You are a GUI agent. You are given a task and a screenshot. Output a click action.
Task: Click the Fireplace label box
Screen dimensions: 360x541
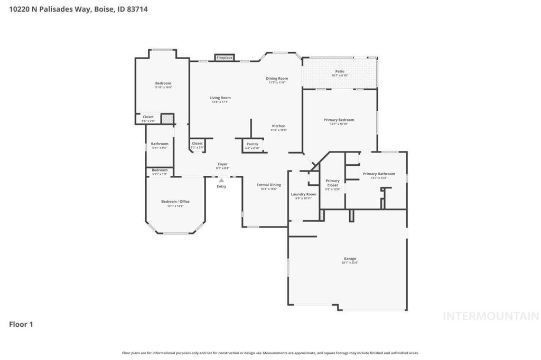[224, 58]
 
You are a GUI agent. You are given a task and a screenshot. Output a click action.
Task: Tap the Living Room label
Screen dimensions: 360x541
[220, 98]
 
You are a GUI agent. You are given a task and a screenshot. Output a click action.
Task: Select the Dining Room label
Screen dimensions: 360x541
[277, 79]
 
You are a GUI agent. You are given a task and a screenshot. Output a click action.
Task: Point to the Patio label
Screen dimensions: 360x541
[340, 71]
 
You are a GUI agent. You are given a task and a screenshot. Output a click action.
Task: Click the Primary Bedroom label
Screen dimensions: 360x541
[339, 120]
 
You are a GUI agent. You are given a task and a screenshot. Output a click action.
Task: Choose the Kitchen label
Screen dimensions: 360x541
[278, 126]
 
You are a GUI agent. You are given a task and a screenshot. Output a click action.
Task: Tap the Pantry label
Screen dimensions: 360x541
[252, 144]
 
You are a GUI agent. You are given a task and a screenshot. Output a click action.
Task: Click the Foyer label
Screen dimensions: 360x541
[222, 164]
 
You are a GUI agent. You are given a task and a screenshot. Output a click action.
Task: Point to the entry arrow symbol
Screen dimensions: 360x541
[221, 181]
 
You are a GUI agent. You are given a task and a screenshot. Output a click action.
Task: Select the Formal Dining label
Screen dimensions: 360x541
[268, 185]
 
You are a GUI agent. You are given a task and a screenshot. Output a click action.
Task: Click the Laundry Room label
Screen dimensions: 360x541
[303, 194]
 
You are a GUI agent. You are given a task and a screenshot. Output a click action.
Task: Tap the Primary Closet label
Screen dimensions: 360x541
[332, 183]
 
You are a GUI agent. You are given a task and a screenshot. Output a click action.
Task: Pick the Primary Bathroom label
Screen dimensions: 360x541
[379, 174]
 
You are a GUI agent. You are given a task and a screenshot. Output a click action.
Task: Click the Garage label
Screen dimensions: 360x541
[349, 259]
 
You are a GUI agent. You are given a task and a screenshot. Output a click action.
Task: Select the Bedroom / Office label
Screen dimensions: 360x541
[175, 202]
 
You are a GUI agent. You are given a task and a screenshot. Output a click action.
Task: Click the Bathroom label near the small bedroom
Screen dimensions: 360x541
[160, 144]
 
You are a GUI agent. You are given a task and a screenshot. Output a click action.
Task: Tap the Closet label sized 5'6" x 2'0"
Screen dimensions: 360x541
[148, 117]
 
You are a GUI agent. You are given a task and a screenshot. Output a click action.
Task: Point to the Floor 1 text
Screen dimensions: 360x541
[21, 324]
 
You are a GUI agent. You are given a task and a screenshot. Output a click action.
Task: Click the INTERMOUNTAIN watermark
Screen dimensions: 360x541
[491, 316]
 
